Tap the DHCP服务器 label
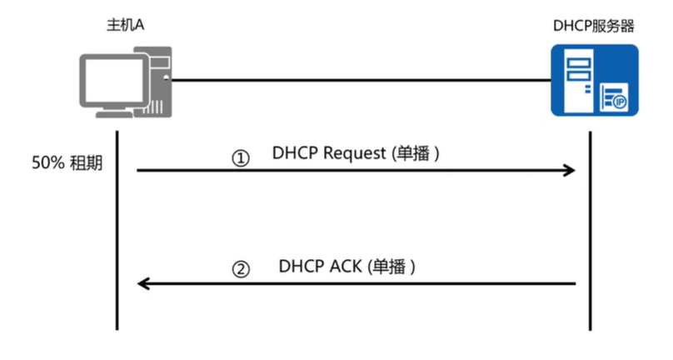point(593,25)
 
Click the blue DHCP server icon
point(594,81)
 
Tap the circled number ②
point(240,269)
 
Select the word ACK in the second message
point(342,267)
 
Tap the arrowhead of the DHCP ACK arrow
point(143,283)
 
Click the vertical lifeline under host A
point(117,233)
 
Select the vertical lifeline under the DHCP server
point(590,233)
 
